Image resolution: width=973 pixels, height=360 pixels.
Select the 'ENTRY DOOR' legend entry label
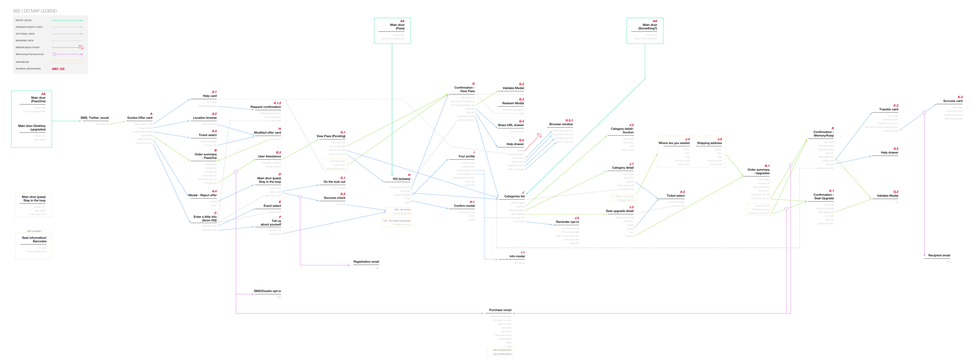coord(23,20)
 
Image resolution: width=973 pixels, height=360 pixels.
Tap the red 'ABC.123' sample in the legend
coord(58,69)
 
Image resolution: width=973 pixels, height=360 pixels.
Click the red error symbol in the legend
coord(81,47)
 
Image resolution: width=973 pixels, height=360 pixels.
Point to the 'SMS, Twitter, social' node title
coord(94,118)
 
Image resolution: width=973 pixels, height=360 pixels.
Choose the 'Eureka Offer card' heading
coord(140,118)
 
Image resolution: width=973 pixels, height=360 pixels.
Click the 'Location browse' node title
coord(204,118)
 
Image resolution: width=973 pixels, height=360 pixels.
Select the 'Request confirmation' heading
coord(265,107)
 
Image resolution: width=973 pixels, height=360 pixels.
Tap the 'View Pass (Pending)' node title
coord(331,136)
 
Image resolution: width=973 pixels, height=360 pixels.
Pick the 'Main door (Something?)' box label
coord(647,26)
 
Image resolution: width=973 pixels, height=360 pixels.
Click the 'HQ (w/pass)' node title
coord(401,179)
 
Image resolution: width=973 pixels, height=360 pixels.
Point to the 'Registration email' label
coord(366,261)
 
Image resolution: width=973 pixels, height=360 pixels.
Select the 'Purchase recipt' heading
coord(500,310)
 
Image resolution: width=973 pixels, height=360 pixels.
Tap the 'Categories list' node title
coord(514,196)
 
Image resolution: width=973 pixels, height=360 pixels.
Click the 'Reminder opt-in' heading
coord(567,222)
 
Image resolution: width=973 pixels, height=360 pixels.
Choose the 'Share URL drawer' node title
coord(510,125)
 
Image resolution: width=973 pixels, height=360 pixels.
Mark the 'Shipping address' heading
coord(709,143)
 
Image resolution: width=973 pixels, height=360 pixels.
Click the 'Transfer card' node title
coord(889,109)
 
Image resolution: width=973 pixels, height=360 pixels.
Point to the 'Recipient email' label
coord(939,255)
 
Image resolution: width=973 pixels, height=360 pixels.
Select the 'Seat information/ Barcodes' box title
coord(34,239)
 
